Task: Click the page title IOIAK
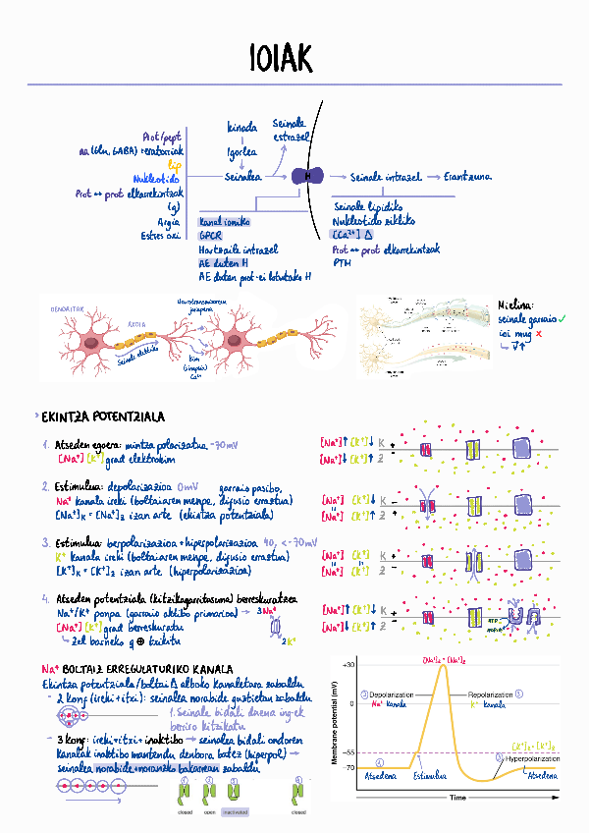pos(280,58)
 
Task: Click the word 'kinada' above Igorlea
pos(241,128)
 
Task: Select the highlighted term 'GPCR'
pos(211,236)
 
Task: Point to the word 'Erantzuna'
pos(467,177)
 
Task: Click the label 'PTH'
pos(342,262)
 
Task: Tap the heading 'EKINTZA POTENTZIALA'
pos(96,417)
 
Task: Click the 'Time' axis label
pos(456,798)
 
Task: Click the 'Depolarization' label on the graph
pos(392,694)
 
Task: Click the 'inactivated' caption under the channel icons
pos(236,812)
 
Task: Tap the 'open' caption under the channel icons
pos(209,812)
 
